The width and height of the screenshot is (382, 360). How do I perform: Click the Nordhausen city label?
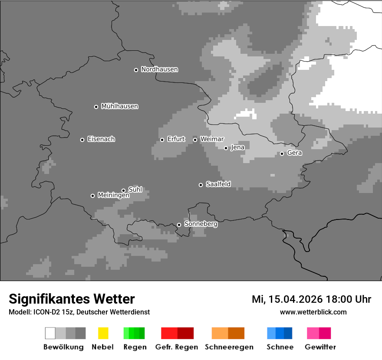[159, 69]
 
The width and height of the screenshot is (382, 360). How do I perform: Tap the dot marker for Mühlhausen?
[96, 107]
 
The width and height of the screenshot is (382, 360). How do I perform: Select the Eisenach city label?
[101, 139]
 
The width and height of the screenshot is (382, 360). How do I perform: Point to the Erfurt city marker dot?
[162, 140]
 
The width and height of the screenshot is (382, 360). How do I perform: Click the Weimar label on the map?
[212, 139]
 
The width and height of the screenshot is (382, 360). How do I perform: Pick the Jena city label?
[237, 147]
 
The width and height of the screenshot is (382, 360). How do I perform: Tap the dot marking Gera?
[282, 154]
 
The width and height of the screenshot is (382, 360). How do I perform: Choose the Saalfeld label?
[218, 184]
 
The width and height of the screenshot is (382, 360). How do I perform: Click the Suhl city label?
[135, 190]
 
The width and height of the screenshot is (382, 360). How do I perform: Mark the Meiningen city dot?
[92, 196]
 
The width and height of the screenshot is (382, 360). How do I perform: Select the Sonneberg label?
[201, 224]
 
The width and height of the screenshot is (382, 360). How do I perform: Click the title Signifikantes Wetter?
[72, 299]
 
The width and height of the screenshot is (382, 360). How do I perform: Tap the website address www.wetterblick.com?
[313, 312]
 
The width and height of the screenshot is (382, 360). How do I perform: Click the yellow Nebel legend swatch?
[103, 333]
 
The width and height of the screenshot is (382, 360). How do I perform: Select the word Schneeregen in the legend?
[229, 347]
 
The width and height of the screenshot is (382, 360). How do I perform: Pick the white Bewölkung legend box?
[50, 333]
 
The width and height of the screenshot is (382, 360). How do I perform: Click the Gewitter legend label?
[320, 347]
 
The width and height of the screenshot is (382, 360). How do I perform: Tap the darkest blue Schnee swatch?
[288, 333]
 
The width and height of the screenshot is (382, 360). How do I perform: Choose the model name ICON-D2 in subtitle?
[45, 312]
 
